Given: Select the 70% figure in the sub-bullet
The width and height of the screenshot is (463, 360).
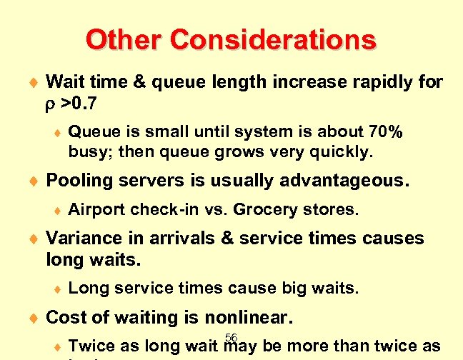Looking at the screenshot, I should pos(387,132).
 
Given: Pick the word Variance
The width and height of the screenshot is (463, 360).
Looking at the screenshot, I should pos(80,239).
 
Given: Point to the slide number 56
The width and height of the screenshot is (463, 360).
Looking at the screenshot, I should pos(231,337).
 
